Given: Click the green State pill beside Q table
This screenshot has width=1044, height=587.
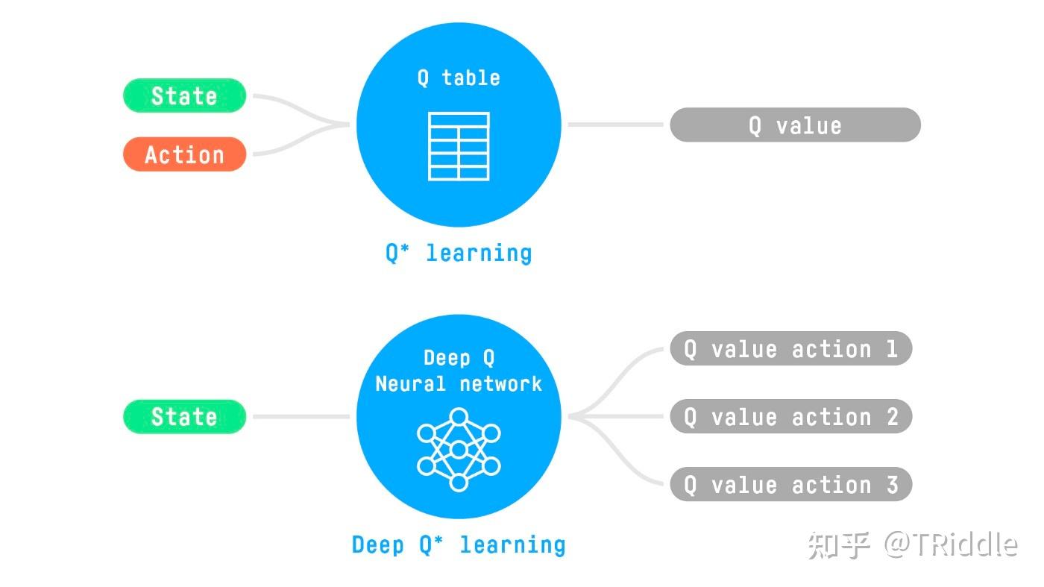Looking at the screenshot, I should [x=184, y=95].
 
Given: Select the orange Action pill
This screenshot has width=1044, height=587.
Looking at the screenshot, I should [x=184, y=154].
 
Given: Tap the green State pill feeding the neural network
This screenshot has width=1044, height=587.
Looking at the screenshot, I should [x=184, y=416].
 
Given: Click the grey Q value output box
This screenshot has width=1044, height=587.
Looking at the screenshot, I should [x=795, y=125].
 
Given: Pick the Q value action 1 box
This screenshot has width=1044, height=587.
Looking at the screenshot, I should [x=790, y=349].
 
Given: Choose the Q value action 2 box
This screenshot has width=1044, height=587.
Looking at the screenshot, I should [x=790, y=416].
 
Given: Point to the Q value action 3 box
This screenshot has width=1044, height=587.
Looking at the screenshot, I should [x=790, y=485].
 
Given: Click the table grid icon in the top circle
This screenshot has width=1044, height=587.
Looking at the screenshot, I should [x=459, y=146].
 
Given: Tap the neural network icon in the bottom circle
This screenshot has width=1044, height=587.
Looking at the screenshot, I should [x=459, y=449].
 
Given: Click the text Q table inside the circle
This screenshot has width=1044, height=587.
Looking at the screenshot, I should [x=459, y=78].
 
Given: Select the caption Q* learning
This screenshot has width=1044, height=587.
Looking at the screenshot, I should [x=459, y=253].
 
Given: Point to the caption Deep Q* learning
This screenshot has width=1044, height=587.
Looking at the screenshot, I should [x=459, y=544].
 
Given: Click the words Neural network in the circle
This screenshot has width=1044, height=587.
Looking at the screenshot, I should [x=459, y=384].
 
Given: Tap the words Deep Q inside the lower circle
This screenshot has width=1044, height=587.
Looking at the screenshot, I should [x=459, y=358].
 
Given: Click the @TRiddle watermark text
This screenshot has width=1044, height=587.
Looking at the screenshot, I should [x=951, y=544].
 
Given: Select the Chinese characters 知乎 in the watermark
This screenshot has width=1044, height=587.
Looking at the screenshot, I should [x=840, y=545].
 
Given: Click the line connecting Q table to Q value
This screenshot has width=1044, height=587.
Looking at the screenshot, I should [x=615, y=125].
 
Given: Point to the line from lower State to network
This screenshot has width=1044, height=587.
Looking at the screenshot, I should [x=301, y=416].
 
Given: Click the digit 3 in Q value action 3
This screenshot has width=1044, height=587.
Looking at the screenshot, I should [x=892, y=485].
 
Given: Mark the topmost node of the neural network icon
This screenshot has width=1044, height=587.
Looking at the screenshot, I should [x=459, y=416].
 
